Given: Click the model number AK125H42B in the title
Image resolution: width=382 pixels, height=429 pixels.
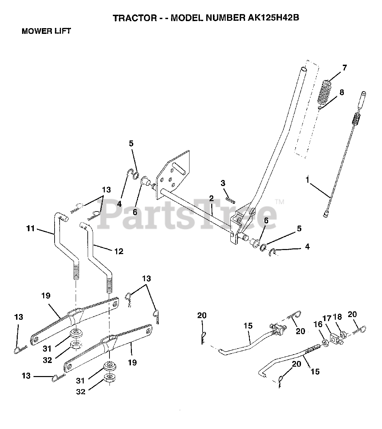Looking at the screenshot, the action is pos(273,18).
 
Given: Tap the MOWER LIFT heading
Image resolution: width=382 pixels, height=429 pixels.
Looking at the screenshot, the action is pos(46,31).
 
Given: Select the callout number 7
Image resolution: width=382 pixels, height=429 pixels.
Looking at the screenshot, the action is pos(345,68).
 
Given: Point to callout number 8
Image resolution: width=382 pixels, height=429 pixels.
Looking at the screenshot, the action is pos(342,92).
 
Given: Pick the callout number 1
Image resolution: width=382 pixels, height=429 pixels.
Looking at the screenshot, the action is pos(307,180).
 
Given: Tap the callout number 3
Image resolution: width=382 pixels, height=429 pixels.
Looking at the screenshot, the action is pos(223,183).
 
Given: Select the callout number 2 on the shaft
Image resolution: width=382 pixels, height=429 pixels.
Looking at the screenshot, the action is pos(211,198).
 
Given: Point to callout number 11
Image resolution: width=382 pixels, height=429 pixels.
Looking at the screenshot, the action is pos(30,228).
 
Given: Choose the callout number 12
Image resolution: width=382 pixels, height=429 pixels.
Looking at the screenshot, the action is pos(119,251).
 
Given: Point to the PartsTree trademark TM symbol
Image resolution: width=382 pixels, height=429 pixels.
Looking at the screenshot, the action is pos(280,202).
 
